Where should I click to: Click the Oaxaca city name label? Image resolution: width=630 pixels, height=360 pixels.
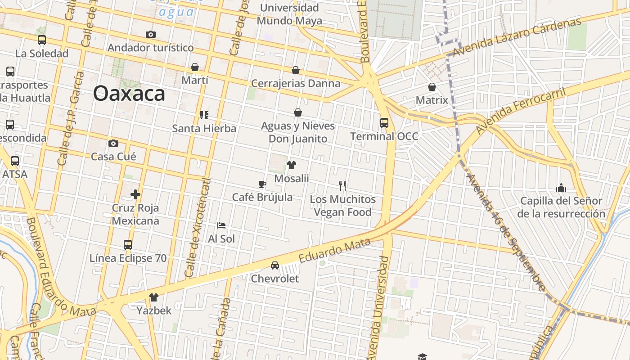coord(129,94)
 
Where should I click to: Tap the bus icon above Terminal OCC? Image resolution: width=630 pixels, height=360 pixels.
coord(384,122)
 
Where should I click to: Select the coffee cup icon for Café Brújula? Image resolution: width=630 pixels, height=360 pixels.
coord(262,184)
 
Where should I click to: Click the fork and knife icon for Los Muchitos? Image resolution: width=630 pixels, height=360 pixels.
coord(342,185)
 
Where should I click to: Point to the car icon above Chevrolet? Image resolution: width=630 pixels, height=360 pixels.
coord(275,265)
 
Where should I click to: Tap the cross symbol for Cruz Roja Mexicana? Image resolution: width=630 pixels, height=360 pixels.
coord(135,194)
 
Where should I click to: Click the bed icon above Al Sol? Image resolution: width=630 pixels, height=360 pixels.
coord(221,225)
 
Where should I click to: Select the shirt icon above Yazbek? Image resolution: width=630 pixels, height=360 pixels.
coord(154,297)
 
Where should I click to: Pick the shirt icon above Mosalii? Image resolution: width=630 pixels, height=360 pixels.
coord(292,165)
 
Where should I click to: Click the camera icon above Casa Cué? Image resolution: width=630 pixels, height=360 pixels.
coord(113,144)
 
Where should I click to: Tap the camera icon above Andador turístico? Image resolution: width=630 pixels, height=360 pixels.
coord(151,35)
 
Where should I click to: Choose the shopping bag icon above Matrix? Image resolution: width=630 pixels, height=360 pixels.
coord(432,87)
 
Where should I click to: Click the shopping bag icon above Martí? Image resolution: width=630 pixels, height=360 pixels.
coord(195,67)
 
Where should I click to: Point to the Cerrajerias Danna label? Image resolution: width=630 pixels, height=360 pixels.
coord(296,83)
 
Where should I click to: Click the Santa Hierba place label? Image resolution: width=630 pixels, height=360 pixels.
coord(204,128)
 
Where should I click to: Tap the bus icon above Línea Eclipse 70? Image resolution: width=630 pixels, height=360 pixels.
coord(128,245)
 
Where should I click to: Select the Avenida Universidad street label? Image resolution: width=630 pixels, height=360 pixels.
coord(378,308)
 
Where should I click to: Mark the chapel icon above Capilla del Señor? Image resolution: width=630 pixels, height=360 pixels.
coord(561,187)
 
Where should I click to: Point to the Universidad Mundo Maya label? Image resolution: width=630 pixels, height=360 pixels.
coord(289,14)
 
